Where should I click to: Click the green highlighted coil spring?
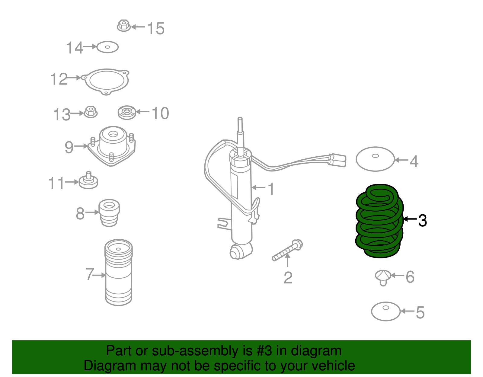pos(379,222)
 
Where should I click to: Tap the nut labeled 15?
pos(123,26)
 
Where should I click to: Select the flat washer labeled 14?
pos(107,47)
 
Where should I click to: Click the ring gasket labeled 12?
pos(106,81)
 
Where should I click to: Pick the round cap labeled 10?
pos(127,113)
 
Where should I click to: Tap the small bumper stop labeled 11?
pos(88,181)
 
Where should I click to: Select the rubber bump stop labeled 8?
pos(109,212)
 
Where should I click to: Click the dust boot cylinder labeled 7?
pos(118,273)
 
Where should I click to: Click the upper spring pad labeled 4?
pos(375,159)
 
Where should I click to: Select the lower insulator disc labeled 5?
pos(385,312)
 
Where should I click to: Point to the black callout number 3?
pos(422,220)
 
